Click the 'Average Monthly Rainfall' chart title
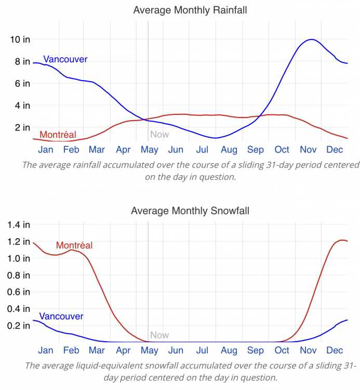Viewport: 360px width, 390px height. point(190,10)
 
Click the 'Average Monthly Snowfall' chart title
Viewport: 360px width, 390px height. point(190,211)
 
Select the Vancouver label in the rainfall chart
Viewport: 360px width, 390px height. point(65,59)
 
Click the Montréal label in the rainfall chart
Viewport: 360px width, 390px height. point(54,135)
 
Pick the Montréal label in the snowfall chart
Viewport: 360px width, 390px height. point(74,245)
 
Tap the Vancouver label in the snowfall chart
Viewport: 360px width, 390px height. point(61,316)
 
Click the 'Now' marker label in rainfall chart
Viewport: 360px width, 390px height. point(159,134)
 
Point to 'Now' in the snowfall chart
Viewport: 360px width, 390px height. point(159,335)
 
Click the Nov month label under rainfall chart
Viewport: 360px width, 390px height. point(308,150)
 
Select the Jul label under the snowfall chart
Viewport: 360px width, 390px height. point(202,350)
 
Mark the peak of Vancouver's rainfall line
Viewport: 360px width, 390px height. point(311,40)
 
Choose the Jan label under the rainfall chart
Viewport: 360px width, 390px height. point(46,150)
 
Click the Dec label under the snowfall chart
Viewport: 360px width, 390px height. point(334,350)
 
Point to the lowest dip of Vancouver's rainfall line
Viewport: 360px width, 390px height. point(215,138)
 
